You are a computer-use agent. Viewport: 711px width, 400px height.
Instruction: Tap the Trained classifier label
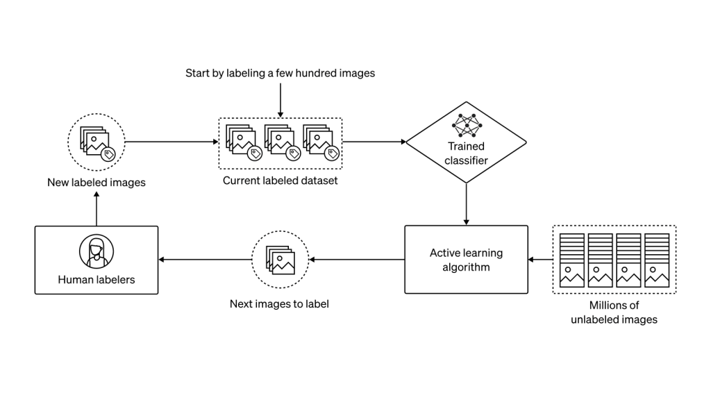(x=466, y=153)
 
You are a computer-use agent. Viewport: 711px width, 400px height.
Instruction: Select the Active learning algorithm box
(x=466, y=259)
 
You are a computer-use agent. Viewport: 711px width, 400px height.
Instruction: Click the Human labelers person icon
(x=97, y=251)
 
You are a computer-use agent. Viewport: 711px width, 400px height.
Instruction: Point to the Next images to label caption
(x=278, y=304)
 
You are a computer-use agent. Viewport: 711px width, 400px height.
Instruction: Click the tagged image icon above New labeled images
(x=97, y=142)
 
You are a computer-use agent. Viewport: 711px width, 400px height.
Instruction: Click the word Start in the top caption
(x=199, y=73)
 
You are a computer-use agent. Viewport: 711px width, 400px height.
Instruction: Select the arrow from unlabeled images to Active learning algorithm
(x=539, y=260)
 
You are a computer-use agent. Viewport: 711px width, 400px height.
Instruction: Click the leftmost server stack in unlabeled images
(x=572, y=260)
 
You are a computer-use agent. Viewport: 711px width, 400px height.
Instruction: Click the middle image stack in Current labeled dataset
(x=281, y=143)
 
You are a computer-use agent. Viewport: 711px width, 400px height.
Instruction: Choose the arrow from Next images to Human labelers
(x=204, y=260)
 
